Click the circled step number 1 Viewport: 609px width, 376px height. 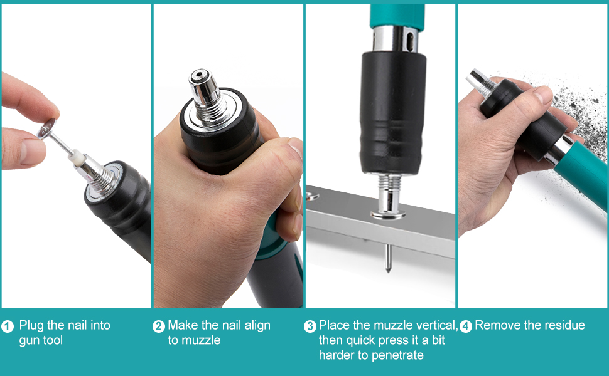tap(8, 326)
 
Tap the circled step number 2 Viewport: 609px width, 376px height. tap(158, 326)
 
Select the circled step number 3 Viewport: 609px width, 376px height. tap(310, 326)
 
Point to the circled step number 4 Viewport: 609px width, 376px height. tap(466, 326)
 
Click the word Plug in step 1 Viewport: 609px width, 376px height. tap(31, 326)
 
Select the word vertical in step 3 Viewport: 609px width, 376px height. tap(437, 326)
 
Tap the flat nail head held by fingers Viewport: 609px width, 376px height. tap(46, 128)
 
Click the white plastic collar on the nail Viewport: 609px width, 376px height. tap(77, 157)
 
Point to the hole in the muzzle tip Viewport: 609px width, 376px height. tap(200, 74)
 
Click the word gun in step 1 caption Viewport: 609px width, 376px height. tap(28, 341)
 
